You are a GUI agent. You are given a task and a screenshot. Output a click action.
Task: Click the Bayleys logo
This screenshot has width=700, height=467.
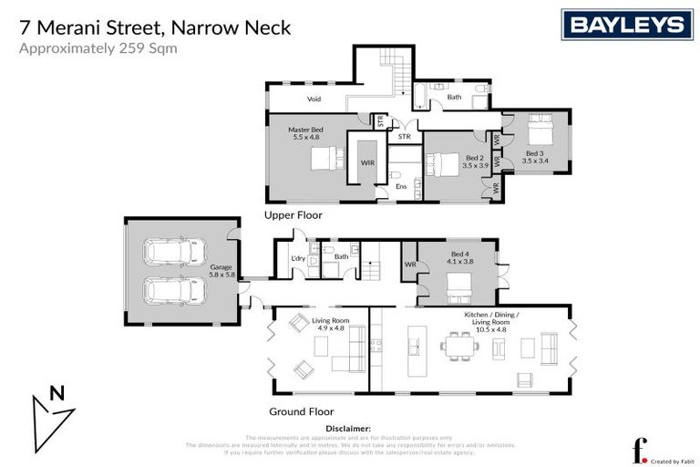click(628, 25)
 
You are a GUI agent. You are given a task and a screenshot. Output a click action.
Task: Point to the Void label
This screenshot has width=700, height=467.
click(314, 99)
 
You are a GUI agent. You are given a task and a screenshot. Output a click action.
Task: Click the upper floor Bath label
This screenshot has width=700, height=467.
click(454, 97)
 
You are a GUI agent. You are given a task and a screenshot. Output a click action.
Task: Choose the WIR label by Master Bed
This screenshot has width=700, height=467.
click(367, 162)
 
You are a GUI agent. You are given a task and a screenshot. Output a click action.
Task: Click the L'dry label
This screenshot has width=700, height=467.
click(296, 259)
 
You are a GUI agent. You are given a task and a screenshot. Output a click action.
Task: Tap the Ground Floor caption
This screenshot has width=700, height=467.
click(302, 411)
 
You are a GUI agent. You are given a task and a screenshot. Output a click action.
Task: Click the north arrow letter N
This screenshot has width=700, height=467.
click(57, 394)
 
